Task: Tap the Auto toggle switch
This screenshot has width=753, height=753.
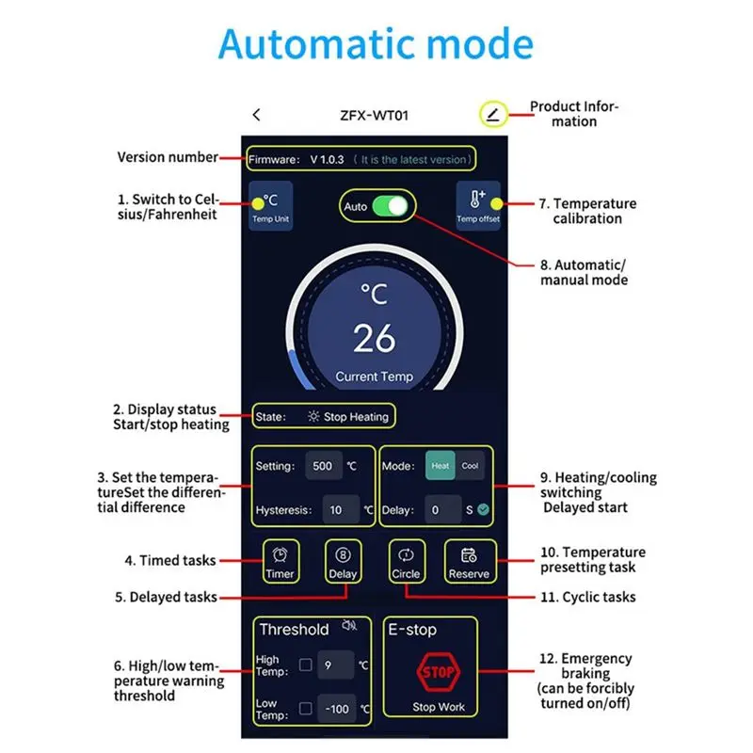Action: point(390,206)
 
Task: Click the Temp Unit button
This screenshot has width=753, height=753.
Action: point(271,206)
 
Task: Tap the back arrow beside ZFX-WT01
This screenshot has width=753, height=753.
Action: point(256,115)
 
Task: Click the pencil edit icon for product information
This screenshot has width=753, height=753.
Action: point(493,114)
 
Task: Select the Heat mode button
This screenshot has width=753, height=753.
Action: point(440,465)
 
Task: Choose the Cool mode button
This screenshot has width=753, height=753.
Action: point(470,465)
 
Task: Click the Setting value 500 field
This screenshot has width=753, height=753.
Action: point(323,465)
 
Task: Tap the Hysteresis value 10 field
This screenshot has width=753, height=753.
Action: point(341,509)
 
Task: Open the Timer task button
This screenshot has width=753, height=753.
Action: point(280,561)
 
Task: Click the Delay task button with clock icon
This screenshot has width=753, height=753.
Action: point(343,561)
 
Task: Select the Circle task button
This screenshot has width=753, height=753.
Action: point(407,561)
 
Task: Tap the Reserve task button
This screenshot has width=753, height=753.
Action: point(470,561)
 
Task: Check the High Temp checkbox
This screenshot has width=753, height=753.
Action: point(305,665)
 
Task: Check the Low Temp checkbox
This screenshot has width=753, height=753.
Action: point(305,709)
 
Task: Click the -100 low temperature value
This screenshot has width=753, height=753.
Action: point(337,709)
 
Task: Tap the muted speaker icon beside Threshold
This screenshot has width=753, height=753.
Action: point(349,625)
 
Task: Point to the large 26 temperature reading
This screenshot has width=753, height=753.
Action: point(375,338)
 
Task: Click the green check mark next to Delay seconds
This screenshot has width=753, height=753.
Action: point(483,509)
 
